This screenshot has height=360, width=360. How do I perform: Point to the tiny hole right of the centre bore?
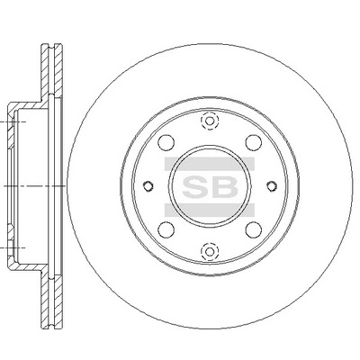click(x=270, y=185)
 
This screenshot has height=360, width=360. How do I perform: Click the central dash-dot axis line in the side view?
click(x=27, y=185)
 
